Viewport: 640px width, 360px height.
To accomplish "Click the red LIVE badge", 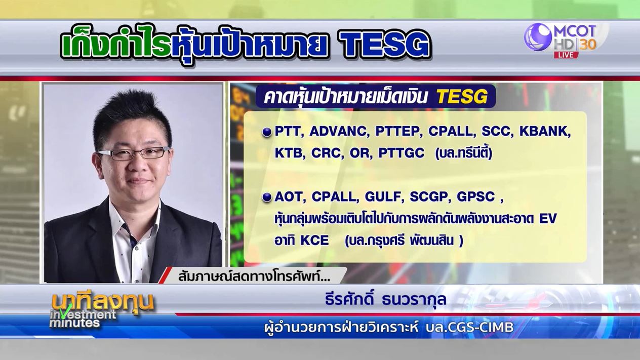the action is pyautogui.click(x=566, y=55).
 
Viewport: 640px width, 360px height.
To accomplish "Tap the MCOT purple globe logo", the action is pyautogui.click(x=538, y=37).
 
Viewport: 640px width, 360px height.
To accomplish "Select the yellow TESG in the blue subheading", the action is pyautogui.click(x=462, y=97).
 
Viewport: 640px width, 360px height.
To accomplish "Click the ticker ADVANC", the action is pyautogui.click(x=338, y=132).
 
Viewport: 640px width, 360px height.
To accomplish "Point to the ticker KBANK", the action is pyautogui.click(x=545, y=132).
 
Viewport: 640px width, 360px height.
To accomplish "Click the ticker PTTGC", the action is pyautogui.click(x=402, y=153).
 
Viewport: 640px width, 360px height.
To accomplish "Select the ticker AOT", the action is pyautogui.click(x=288, y=197).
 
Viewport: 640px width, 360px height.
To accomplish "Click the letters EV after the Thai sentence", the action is pyautogui.click(x=547, y=219).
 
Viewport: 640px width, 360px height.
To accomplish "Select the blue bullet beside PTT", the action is pyautogui.click(x=267, y=132).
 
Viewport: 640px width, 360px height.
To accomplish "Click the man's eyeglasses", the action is pyautogui.click(x=134, y=153).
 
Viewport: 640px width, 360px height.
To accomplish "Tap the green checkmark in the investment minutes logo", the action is pyautogui.click(x=66, y=312).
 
